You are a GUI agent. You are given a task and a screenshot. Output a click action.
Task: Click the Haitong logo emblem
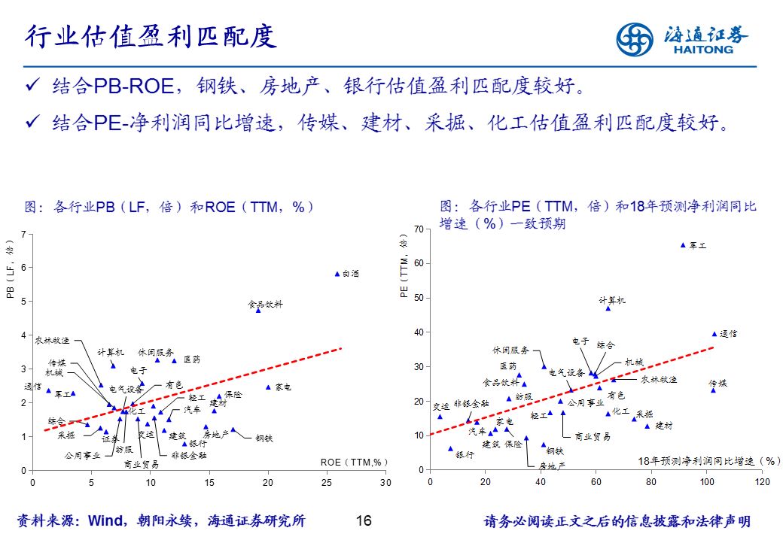coord(635,38)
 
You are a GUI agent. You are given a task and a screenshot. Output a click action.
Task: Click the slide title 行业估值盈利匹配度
coord(151,36)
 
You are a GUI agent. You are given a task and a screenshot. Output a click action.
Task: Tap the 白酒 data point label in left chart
coord(351,274)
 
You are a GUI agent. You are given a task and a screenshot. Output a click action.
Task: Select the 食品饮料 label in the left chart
coord(266,305)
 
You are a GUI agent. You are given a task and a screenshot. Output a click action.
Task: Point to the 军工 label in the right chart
coord(698,245)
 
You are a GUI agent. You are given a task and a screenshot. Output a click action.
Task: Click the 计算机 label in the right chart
coord(612,300)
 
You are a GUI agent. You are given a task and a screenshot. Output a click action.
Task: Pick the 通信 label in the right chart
coord(728,333)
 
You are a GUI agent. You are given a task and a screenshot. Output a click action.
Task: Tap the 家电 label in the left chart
coord(283,387)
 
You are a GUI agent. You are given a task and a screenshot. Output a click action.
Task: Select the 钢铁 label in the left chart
coord(264,438)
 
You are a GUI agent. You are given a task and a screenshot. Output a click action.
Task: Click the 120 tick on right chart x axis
coord(763,481)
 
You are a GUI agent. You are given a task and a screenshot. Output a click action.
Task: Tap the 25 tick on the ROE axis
coord(328,481)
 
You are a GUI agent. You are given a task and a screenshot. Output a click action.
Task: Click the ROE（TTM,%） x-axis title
coord(353,462)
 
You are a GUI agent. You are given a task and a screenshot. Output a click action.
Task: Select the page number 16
coord(364,521)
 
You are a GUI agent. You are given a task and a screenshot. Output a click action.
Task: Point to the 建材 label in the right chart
coord(663,426)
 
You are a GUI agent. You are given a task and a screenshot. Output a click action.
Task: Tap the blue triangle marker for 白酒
coord(337,275)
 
